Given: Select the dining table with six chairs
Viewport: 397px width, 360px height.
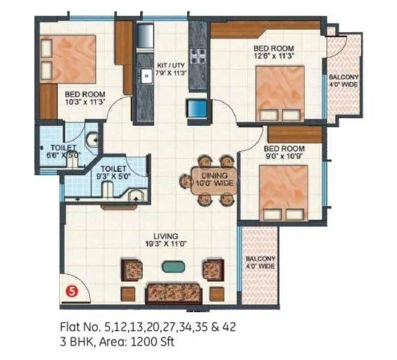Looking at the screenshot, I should point(208,181).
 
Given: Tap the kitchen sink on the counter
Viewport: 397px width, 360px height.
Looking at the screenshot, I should point(145,76).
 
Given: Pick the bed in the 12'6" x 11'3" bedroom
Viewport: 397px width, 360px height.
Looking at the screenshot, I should point(279,92).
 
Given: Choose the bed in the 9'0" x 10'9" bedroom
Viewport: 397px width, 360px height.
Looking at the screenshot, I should point(284,192).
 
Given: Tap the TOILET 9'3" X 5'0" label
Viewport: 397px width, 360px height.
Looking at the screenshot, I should point(114,173).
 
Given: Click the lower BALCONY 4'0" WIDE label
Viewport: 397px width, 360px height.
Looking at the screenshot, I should point(259,262).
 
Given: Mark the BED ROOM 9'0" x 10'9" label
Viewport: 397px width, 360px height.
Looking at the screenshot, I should point(284,152).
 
